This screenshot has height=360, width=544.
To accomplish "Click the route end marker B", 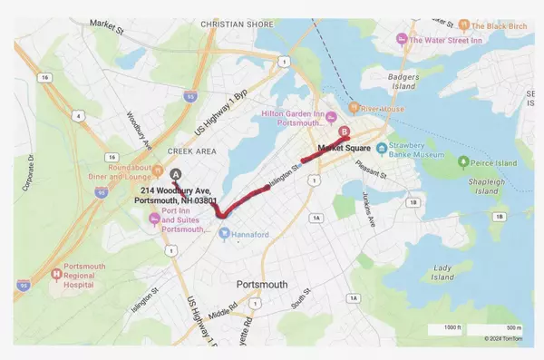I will coord(343,132).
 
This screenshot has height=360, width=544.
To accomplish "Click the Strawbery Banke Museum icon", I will coord(384,148).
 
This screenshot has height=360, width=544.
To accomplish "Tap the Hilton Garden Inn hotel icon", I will coord(331,115).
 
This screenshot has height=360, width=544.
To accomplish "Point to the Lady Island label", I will coord(445,274).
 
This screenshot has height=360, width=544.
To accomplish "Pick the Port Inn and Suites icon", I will coord(153,216).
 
